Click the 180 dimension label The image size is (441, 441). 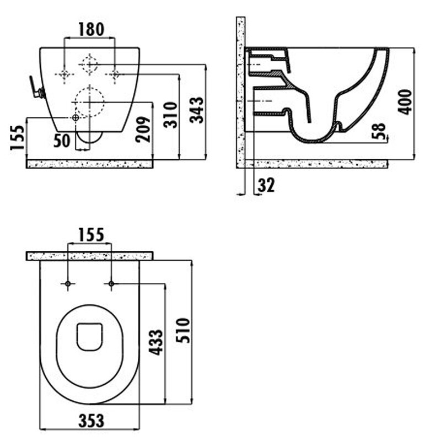pyautogui.click(x=91, y=29)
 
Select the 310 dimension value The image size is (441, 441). pyautogui.click(x=171, y=115)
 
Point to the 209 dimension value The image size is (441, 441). pyautogui.click(x=143, y=129)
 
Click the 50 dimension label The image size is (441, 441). pyautogui.click(x=62, y=141)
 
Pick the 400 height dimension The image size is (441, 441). pyautogui.click(x=405, y=101)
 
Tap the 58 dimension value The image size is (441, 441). pyautogui.click(x=379, y=131)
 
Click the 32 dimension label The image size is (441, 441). pyautogui.click(x=266, y=185)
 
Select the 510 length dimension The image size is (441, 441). pyautogui.click(x=183, y=330)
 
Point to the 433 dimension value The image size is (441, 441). pyautogui.click(x=155, y=342)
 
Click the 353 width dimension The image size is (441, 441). pyautogui.click(x=91, y=421)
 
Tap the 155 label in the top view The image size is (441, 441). pyautogui.click(x=91, y=235)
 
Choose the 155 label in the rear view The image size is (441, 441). pyautogui.click(x=18, y=137)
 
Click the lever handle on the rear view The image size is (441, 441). pyautogui.click(x=36, y=88)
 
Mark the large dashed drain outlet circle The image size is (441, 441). pyautogui.click(x=89, y=103)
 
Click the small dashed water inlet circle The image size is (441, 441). pyautogui.click(x=89, y=64)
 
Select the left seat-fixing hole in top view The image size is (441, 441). pyautogui.click(x=68, y=283)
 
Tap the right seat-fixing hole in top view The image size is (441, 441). pyautogui.click(x=111, y=283)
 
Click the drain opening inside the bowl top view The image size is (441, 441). pyautogui.click(x=89, y=337)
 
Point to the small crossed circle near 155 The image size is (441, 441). pyautogui.click(x=76, y=118)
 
